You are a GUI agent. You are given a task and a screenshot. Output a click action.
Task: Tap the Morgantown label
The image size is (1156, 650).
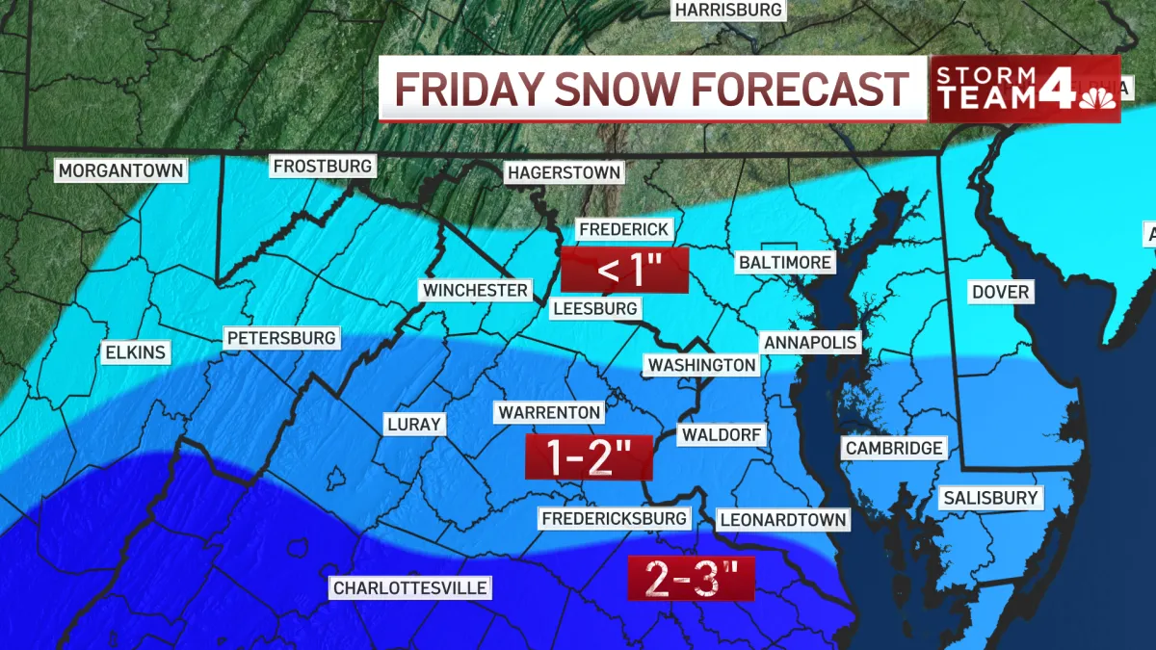click(120, 170)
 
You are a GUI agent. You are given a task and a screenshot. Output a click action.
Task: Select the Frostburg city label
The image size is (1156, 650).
click(322, 167)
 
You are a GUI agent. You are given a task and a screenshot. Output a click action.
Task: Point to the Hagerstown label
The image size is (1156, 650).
click(565, 173)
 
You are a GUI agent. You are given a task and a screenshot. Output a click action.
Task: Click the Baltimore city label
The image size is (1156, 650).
click(784, 262)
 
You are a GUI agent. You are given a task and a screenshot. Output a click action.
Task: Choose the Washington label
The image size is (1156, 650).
click(701, 365)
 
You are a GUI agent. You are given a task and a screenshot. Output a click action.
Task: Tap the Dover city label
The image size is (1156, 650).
click(1001, 292)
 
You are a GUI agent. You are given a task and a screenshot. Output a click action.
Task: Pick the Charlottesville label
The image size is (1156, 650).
click(410, 587)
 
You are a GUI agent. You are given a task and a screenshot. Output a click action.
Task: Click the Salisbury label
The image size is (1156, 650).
click(990, 498)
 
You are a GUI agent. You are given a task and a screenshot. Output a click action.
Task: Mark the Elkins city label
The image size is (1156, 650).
click(135, 352)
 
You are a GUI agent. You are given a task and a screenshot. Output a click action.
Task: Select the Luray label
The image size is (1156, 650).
click(413, 424)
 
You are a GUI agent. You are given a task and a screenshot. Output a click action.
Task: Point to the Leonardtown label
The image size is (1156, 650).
click(783, 520)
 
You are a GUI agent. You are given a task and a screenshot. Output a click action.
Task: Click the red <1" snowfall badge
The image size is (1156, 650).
click(625, 271)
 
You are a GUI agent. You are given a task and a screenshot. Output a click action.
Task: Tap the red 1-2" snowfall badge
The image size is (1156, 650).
click(589, 457)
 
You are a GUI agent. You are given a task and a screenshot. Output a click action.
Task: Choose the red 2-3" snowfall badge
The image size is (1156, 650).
click(691, 580)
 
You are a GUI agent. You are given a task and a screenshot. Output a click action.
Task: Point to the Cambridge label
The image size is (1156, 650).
click(893, 448)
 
